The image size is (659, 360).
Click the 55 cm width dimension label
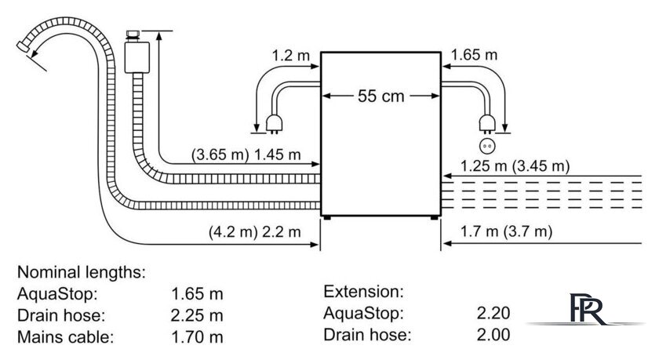(x=380, y=96)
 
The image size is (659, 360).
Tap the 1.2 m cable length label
(x=290, y=55)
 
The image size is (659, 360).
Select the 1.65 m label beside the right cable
(x=474, y=55)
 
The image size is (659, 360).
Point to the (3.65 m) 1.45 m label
(x=246, y=155)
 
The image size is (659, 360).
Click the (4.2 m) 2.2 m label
(x=255, y=231)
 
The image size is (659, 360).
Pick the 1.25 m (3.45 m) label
(x=515, y=166)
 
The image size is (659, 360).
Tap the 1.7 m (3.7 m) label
(x=507, y=231)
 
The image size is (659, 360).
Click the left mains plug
(x=274, y=124)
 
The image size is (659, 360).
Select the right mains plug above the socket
(x=487, y=124)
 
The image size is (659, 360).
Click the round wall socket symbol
(x=487, y=146)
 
